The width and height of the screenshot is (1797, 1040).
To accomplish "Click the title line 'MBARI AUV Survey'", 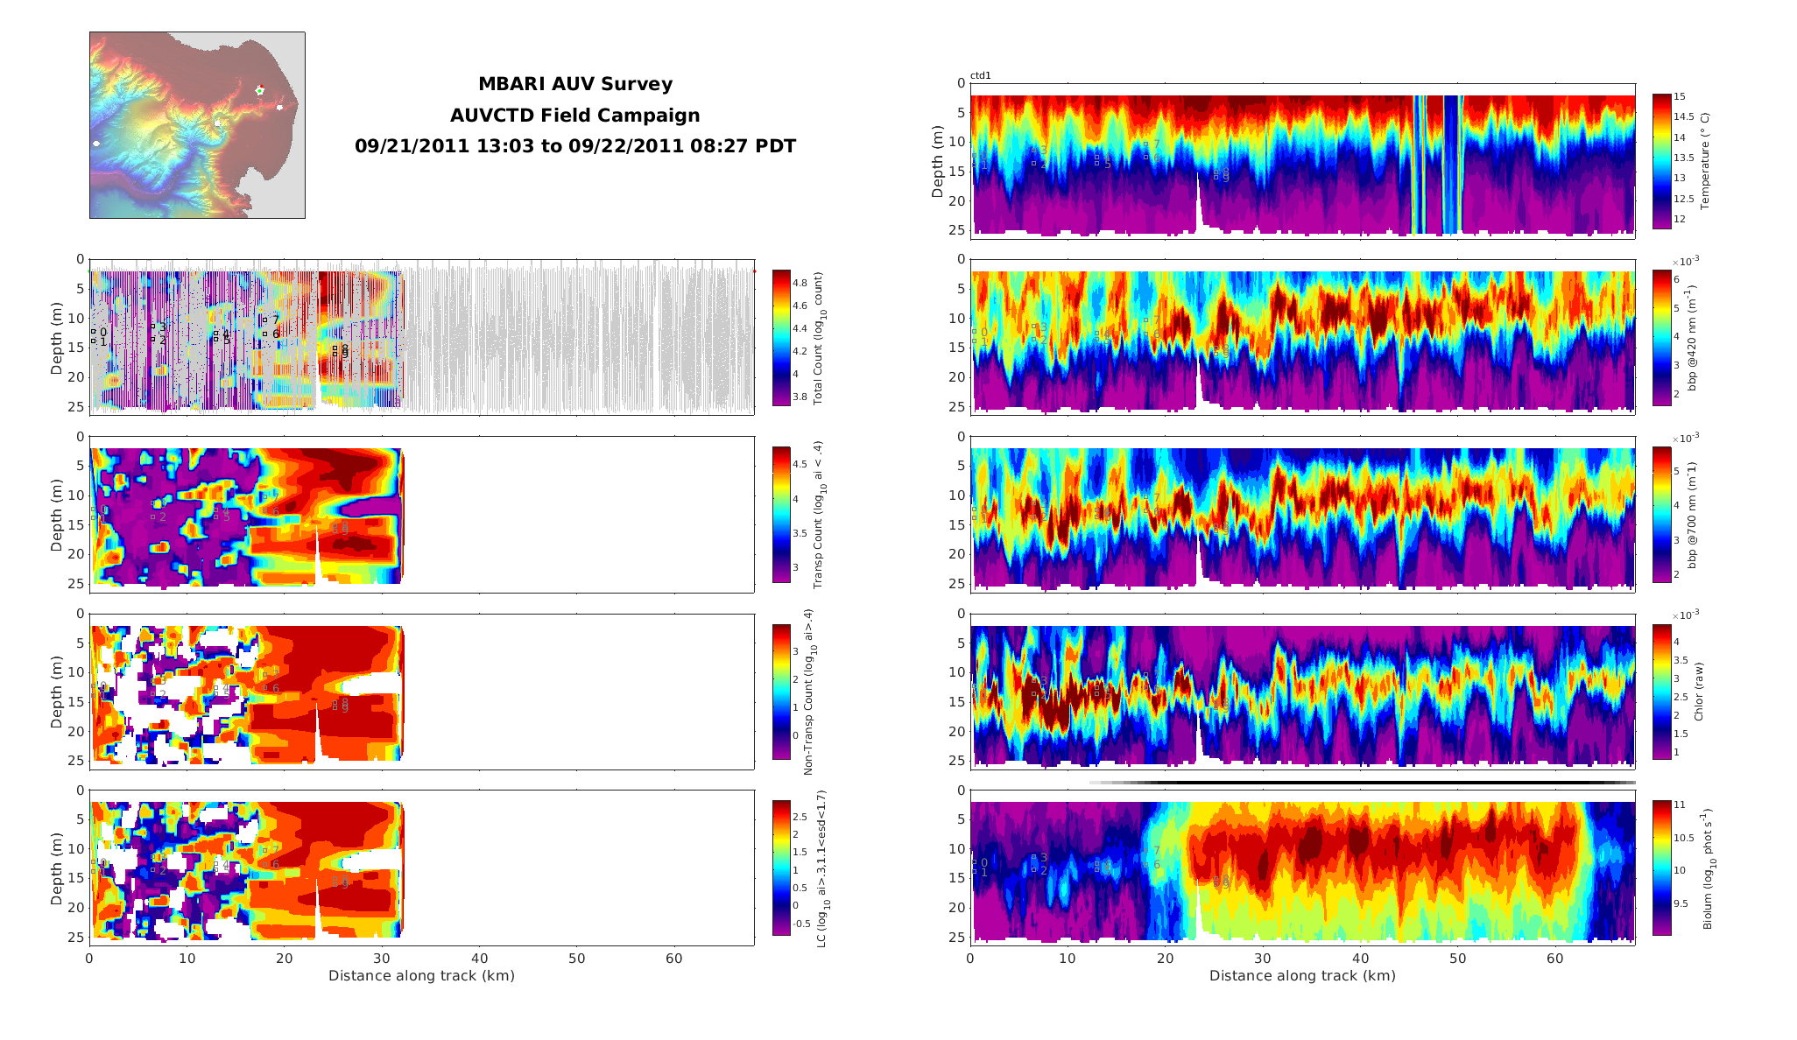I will [x=574, y=84].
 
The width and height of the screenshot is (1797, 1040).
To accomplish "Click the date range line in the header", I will [x=574, y=146].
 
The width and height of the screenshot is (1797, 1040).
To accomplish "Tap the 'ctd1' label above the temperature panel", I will [x=980, y=76].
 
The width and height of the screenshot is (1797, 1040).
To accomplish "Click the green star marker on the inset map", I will [x=259, y=90].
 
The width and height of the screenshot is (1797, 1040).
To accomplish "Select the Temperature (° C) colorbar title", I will [x=1704, y=161].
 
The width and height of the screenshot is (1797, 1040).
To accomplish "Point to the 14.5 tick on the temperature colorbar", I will [x=1683, y=116].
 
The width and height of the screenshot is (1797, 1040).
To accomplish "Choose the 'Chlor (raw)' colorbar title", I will [x=1699, y=692].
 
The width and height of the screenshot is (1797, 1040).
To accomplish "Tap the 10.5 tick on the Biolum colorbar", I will [x=1685, y=837].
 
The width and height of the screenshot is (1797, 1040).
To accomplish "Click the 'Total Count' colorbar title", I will [x=819, y=338].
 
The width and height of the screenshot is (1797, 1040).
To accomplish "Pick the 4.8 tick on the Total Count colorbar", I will [x=800, y=283].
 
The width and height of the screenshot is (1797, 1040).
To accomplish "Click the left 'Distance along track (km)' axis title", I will [x=421, y=975].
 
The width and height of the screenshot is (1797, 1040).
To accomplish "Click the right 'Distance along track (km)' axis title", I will [x=1302, y=975].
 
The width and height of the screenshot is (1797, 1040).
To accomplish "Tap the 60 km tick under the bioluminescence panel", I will [x=1554, y=959].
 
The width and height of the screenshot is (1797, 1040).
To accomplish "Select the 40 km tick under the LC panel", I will [x=479, y=959].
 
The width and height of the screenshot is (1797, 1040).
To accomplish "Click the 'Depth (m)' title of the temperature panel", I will [x=938, y=161].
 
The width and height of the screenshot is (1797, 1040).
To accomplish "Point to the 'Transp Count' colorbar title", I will [x=819, y=515].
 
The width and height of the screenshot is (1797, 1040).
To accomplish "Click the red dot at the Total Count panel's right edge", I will [x=754, y=271].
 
